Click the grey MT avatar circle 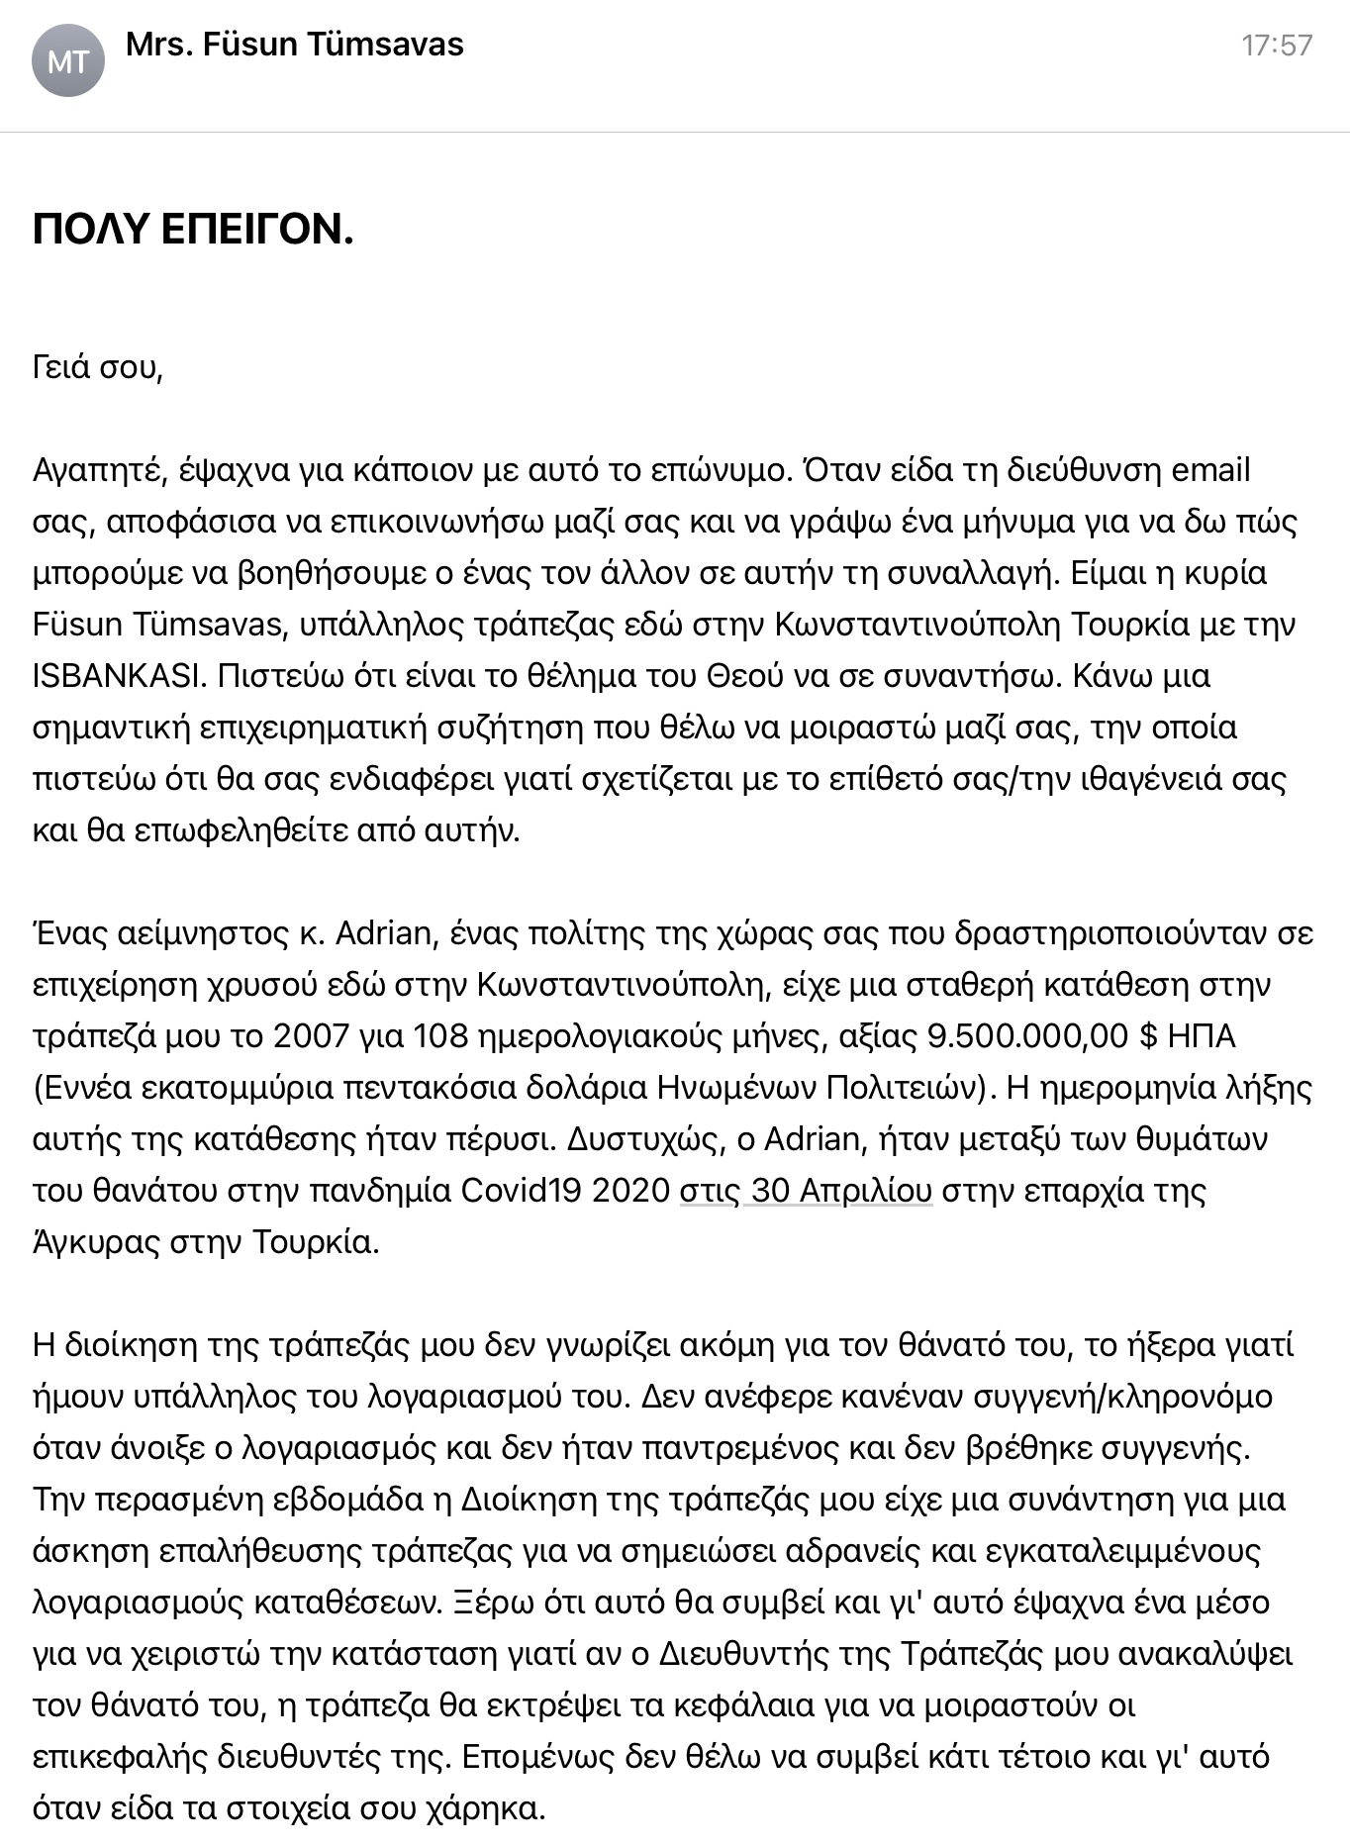click(x=67, y=61)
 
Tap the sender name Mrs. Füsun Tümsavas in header click(x=295, y=45)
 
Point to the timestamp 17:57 click(x=1277, y=46)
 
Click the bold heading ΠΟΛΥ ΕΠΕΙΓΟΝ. click(x=193, y=230)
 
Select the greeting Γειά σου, click(x=97, y=367)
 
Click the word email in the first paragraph click(x=1210, y=470)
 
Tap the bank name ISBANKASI click(x=119, y=676)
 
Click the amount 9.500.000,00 click(x=1027, y=1036)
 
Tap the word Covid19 click(x=522, y=1191)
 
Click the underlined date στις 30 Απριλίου click(x=805, y=1191)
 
